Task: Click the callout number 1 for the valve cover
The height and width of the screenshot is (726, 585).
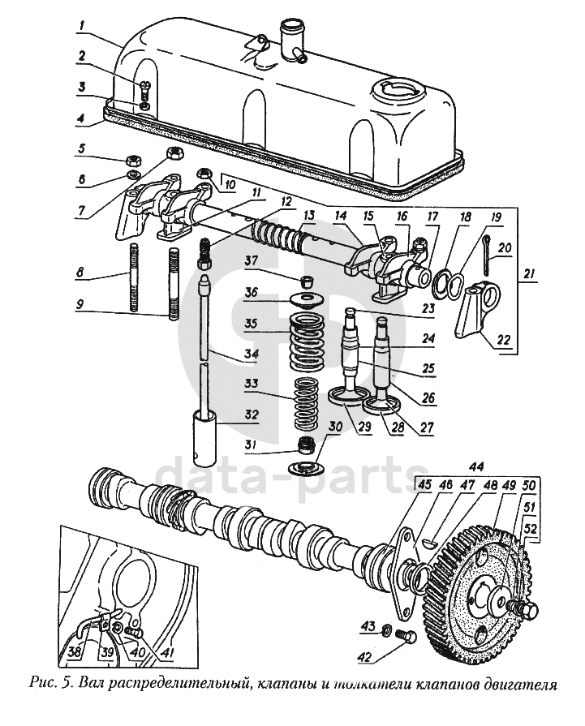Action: tap(81, 25)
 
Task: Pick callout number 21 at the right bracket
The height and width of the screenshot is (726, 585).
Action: tap(529, 274)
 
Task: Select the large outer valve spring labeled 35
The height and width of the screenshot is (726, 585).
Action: tap(306, 342)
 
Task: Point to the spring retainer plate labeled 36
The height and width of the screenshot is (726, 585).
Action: tap(306, 299)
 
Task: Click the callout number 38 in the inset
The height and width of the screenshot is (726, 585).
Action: tap(75, 652)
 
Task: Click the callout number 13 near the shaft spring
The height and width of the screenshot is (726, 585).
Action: tap(309, 215)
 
